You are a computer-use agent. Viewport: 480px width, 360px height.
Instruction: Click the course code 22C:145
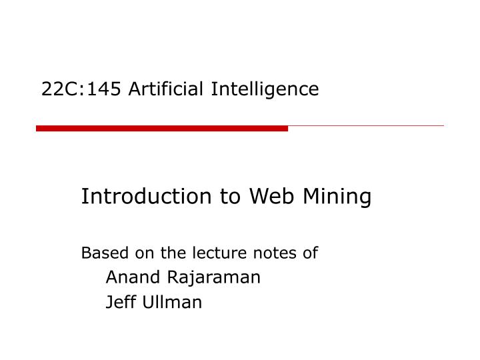click(80, 89)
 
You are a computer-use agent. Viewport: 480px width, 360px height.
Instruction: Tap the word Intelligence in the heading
click(265, 89)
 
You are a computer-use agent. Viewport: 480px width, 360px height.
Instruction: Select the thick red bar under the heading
click(162, 128)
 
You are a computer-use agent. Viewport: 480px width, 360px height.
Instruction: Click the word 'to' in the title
click(225, 197)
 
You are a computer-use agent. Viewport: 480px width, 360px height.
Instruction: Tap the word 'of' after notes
click(311, 253)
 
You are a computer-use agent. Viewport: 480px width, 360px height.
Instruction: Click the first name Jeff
click(120, 302)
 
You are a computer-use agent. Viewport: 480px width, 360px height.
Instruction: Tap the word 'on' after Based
click(143, 253)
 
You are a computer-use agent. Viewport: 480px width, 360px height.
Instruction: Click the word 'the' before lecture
click(172, 253)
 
